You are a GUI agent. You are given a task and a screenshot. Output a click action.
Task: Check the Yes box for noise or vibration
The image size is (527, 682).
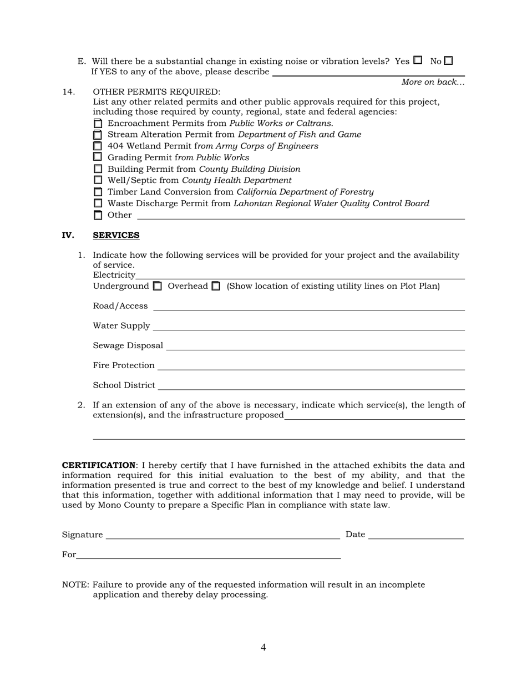418,60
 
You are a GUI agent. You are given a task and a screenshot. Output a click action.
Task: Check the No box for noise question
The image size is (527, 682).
448,60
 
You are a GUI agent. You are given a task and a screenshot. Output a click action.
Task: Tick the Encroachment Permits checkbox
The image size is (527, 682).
98,123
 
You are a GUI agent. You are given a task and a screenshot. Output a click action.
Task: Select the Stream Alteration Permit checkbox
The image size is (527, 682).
98,135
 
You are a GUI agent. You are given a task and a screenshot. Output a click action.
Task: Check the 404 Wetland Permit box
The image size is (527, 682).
98,146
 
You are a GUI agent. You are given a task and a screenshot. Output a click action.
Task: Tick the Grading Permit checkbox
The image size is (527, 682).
98,157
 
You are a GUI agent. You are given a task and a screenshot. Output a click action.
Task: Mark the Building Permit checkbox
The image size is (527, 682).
98,169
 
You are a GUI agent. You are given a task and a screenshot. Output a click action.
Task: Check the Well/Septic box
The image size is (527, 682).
98,180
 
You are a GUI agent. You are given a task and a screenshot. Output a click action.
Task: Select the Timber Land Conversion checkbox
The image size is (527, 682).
98,192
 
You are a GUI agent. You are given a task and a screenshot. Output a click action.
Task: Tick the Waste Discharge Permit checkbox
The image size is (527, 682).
98,203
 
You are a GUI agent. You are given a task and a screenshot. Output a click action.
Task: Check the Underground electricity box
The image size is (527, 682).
158,286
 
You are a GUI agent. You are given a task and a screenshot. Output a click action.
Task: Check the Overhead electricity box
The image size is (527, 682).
216,286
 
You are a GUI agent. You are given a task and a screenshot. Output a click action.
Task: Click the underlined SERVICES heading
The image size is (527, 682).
116,235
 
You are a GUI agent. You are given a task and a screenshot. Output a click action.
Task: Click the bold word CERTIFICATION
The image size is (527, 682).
98,465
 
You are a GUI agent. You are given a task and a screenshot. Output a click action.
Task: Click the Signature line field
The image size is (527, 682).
222,535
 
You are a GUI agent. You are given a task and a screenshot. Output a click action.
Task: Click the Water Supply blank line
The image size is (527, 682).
308,326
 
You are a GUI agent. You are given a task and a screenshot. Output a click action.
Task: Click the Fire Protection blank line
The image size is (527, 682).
311,366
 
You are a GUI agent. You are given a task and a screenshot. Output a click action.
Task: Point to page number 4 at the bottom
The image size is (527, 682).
263,647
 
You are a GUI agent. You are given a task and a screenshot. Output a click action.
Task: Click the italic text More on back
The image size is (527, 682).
433,82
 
